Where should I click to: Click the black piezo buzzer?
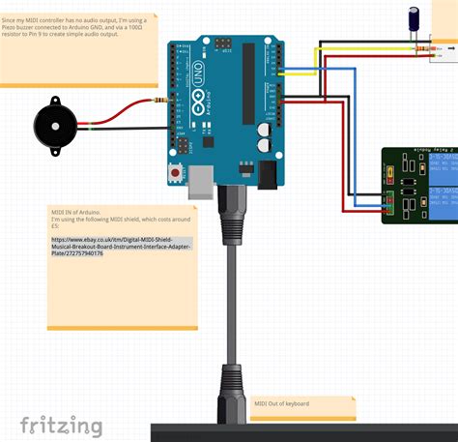53,125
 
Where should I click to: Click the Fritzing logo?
62,426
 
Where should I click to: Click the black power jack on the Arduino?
267,172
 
